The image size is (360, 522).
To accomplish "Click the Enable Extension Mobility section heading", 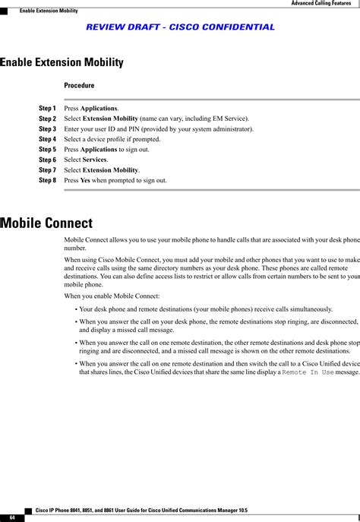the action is point(62,62).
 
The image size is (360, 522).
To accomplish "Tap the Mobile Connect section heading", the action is point(46,223).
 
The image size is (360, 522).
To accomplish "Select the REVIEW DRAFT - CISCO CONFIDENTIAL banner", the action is point(181,27).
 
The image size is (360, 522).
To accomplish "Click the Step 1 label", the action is point(47,109).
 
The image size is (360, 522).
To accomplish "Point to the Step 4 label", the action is point(47,140).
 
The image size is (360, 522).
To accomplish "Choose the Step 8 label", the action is point(47,181).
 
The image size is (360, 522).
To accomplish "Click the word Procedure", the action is point(79,85).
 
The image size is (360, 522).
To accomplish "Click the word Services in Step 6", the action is point(95,160).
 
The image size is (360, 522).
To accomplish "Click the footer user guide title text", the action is point(142,509).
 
